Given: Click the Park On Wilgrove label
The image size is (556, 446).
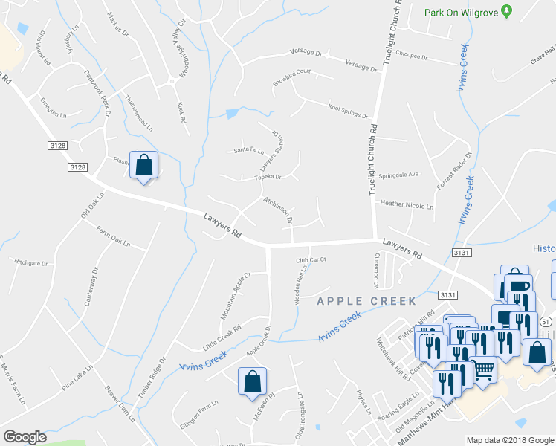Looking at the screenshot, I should click(x=461, y=12).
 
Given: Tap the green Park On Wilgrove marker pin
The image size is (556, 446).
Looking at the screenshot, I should click(x=507, y=12).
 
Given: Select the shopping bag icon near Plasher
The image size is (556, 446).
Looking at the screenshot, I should click(x=143, y=165).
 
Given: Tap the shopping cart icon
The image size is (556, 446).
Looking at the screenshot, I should click(x=483, y=369).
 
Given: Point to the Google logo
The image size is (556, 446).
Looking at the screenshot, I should click(x=25, y=436).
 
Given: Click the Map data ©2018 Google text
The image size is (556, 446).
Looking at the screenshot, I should click(x=510, y=440).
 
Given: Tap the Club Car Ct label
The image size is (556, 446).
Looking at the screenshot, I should click(x=311, y=260).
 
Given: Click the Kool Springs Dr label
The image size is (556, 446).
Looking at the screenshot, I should click(x=348, y=111).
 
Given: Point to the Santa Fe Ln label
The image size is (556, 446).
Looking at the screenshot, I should click(x=249, y=150).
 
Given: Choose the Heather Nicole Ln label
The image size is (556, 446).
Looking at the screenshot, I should click(x=406, y=203).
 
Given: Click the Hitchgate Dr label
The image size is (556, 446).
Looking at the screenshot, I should click(x=30, y=262).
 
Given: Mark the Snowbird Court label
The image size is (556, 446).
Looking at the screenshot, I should click(x=291, y=77).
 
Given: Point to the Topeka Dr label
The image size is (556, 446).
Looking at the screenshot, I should click(x=267, y=178).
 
